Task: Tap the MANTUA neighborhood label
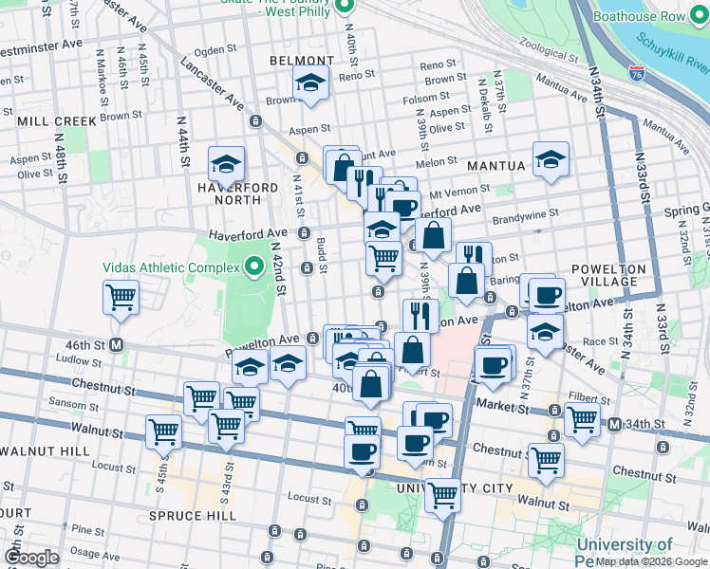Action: (495, 166)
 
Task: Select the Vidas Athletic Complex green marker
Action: (253, 267)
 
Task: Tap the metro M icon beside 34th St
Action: (614, 423)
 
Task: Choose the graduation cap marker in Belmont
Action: (310, 83)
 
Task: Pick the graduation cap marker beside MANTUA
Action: (550, 160)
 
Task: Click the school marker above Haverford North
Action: (226, 164)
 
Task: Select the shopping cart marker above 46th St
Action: (121, 298)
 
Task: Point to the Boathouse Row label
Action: (651, 16)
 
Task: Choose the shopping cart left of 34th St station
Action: (582, 420)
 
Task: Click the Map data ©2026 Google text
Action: (650, 561)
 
